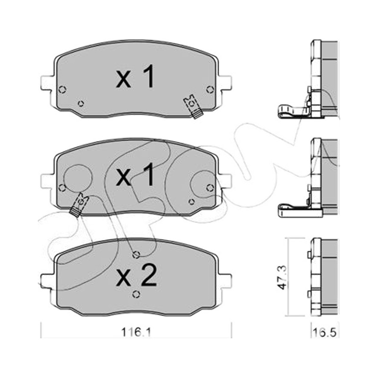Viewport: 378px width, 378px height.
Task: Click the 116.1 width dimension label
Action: (x=136, y=333)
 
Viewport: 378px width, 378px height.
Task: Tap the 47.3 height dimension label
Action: (x=282, y=277)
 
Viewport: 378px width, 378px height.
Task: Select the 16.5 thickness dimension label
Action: (x=325, y=333)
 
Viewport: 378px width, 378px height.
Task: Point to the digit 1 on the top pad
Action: (x=147, y=76)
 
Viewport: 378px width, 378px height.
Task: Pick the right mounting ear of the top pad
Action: (x=225, y=83)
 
